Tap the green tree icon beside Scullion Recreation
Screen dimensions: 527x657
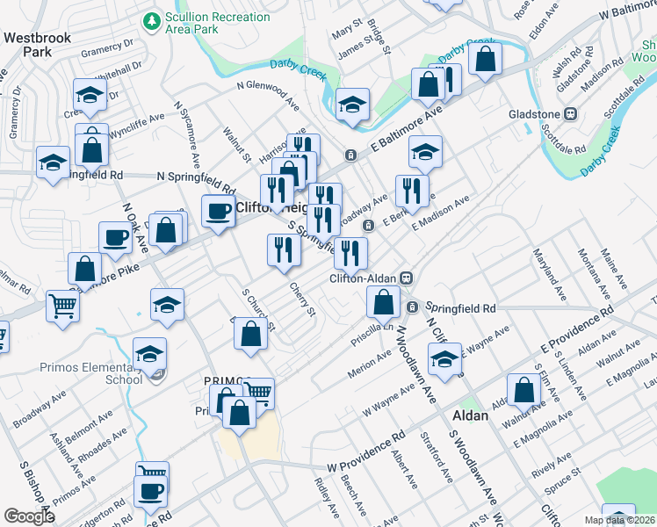point(152,18)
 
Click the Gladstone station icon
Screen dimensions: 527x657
point(570,114)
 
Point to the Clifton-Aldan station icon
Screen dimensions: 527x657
point(406,278)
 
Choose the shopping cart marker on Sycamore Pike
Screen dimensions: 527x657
point(63,307)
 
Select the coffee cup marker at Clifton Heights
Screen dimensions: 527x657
point(217,210)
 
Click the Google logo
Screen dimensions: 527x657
point(30,516)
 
